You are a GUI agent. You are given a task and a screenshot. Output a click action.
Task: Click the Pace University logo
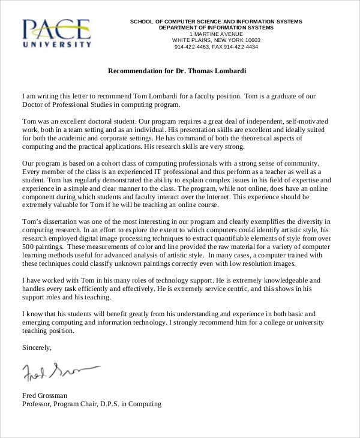pos(57,32)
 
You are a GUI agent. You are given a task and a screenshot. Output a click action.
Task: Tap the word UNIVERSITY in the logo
pos(58,44)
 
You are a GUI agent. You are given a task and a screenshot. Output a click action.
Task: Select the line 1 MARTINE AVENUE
pos(216,34)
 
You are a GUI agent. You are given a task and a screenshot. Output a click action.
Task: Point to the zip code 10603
pos(250,40)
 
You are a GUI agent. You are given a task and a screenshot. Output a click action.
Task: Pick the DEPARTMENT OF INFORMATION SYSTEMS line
pos(216,28)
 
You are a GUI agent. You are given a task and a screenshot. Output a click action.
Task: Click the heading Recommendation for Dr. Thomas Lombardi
pos(177,71)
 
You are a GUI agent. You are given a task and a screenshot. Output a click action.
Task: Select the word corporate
pos(110,138)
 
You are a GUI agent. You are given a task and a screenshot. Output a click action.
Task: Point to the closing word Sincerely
pos(37,347)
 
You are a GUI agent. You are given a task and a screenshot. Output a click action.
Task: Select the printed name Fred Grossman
pos(45,395)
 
